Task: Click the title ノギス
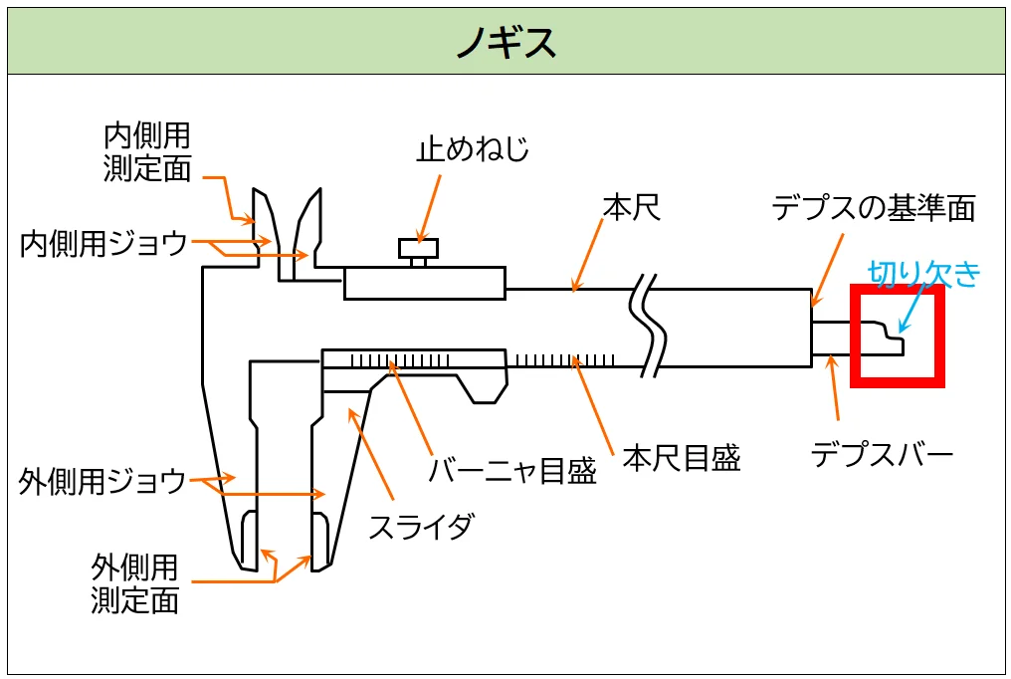(x=505, y=43)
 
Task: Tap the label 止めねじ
(x=473, y=150)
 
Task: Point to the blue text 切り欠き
(x=924, y=274)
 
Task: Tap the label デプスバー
(x=882, y=455)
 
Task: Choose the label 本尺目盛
(x=682, y=457)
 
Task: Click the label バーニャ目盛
(x=512, y=469)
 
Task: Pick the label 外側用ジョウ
(x=102, y=482)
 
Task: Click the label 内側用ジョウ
(x=104, y=243)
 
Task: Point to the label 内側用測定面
(x=147, y=151)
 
